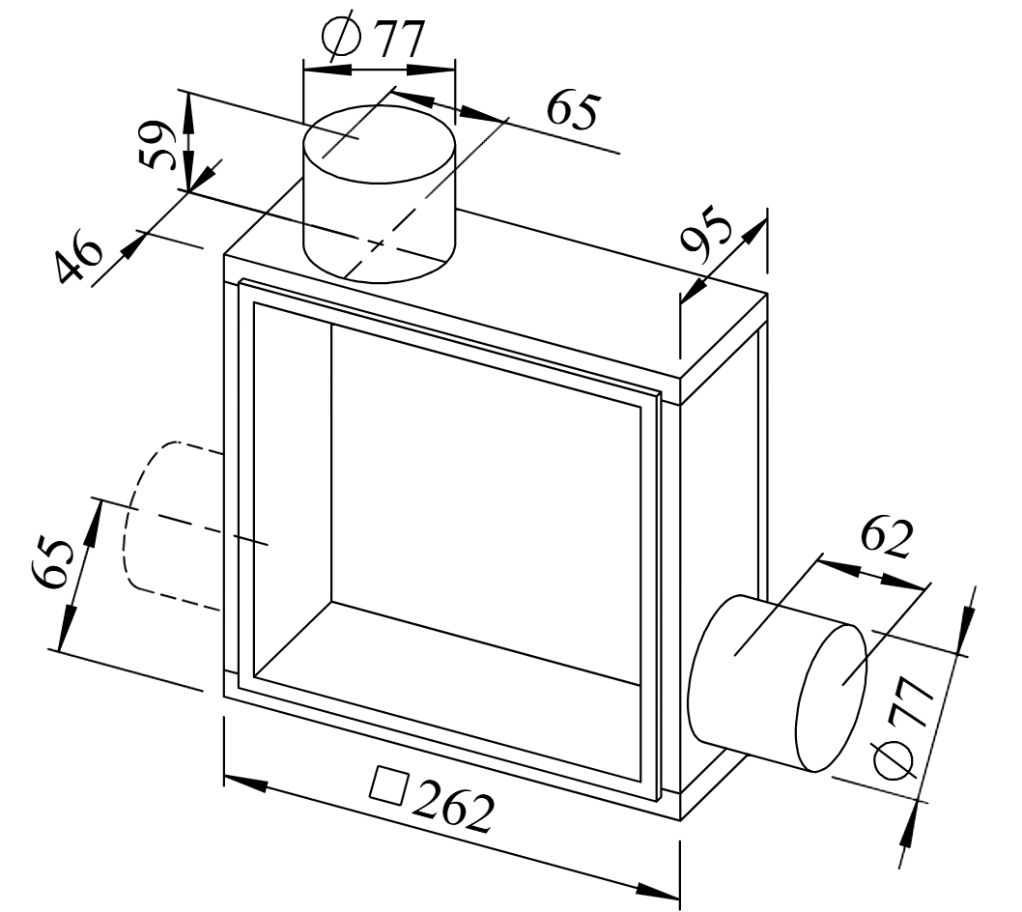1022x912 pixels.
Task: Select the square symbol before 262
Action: click(389, 785)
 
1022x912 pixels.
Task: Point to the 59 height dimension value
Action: click(157, 146)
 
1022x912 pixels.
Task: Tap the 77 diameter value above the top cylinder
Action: click(400, 40)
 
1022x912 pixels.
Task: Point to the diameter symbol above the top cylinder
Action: click(342, 36)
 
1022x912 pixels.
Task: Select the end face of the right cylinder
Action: click(833, 697)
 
